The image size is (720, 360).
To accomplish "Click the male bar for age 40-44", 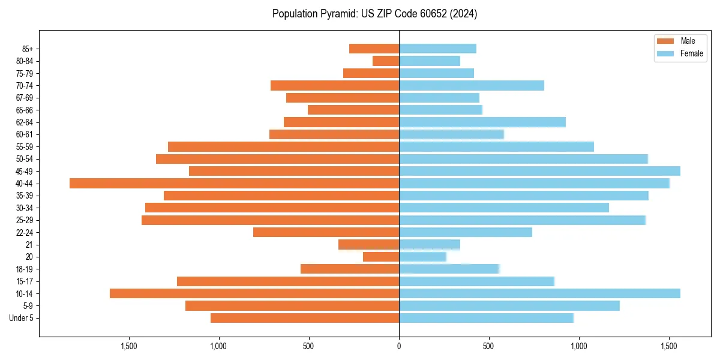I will click(234, 184).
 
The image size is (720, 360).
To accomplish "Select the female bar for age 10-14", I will click(539, 293).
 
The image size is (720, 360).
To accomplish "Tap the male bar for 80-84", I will click(386, 61).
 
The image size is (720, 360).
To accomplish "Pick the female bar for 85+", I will click(437, 49).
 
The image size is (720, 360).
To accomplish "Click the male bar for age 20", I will click(381, 257).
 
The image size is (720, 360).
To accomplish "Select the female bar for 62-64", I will click(482, 122).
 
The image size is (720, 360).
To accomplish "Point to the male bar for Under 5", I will click(305, 318).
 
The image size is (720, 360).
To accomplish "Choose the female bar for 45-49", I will click(539, 171).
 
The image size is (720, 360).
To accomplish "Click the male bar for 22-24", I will click(326, 232).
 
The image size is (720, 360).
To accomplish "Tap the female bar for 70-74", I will click(472, 85).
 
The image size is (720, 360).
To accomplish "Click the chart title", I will click(374, 14).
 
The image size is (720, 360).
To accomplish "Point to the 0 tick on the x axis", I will click(399, 346).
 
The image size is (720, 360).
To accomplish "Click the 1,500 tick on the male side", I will click(128, 346).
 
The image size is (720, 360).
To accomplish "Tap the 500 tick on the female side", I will click(489, 346).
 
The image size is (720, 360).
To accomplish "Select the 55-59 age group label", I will click(24, 147).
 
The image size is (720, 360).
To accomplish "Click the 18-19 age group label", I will click(24, 269).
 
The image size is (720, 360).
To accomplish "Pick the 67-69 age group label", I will click(24, 98).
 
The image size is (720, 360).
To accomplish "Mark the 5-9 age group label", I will click(27, 306).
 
